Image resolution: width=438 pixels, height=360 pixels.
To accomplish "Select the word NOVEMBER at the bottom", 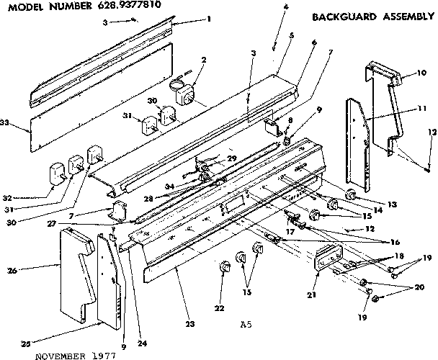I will click(56, 355).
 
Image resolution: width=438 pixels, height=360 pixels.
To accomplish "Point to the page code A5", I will click(246, 325).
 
